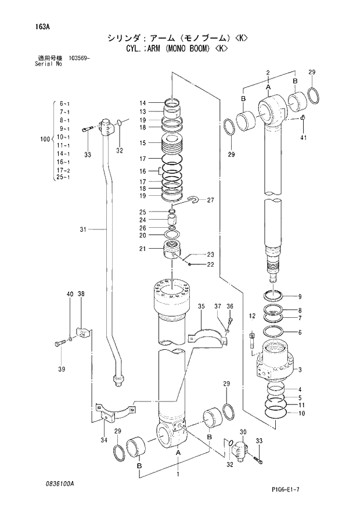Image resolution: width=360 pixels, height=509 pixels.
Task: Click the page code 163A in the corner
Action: pyautogui.click(x=27, y=26)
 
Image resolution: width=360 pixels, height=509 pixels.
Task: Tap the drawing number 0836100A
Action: pyautogui.click(x=49, y=483)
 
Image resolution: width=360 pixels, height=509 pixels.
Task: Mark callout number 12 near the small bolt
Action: pyautogui.click(x=252, y=316)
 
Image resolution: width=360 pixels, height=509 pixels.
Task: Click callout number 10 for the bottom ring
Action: pyautogui.click(x=300, y=413)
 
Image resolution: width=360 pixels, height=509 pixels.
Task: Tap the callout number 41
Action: pyautogui.click(x=303, y=138)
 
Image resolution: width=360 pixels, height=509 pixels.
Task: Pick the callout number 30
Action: pyautogui.click(x=243, y=432)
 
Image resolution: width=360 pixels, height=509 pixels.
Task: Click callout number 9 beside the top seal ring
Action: pyautogui.click(x=300, y=296)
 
